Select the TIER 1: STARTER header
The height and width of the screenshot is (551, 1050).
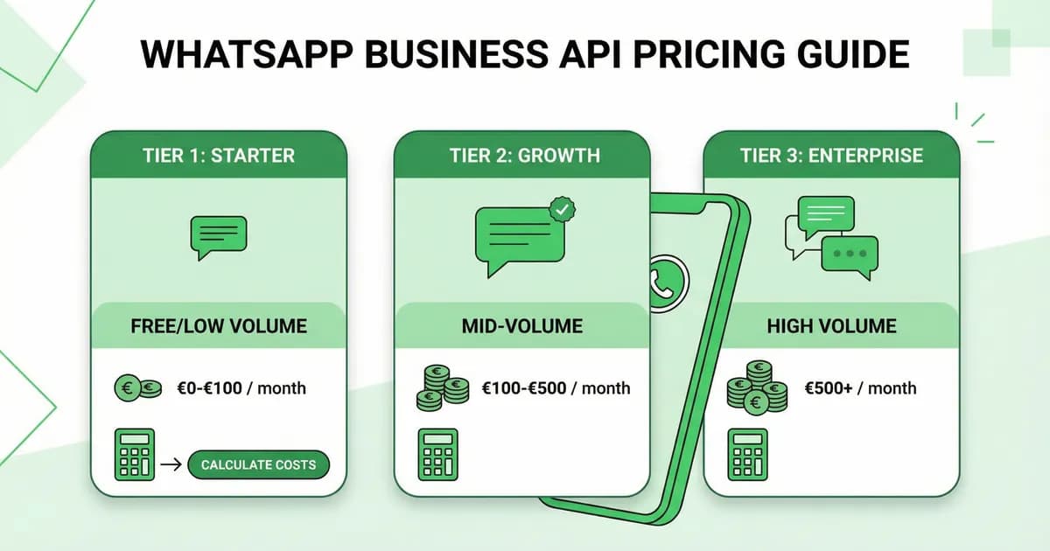point(219,156)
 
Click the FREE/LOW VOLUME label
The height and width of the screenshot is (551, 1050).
point(219,326)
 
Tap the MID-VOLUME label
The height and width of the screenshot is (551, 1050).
point(522,326)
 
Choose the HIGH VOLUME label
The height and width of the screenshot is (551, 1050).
point(831,326)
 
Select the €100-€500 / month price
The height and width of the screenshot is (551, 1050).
point(556,387)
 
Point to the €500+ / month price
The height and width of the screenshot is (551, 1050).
point(860,387)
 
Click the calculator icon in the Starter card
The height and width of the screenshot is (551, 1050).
point(135,455)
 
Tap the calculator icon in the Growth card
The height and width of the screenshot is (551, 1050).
point(437,455)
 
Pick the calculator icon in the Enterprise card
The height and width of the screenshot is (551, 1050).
point(747,455)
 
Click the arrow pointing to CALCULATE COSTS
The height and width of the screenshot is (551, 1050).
point(171,464)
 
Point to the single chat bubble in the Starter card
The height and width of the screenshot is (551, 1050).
point(219,235)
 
